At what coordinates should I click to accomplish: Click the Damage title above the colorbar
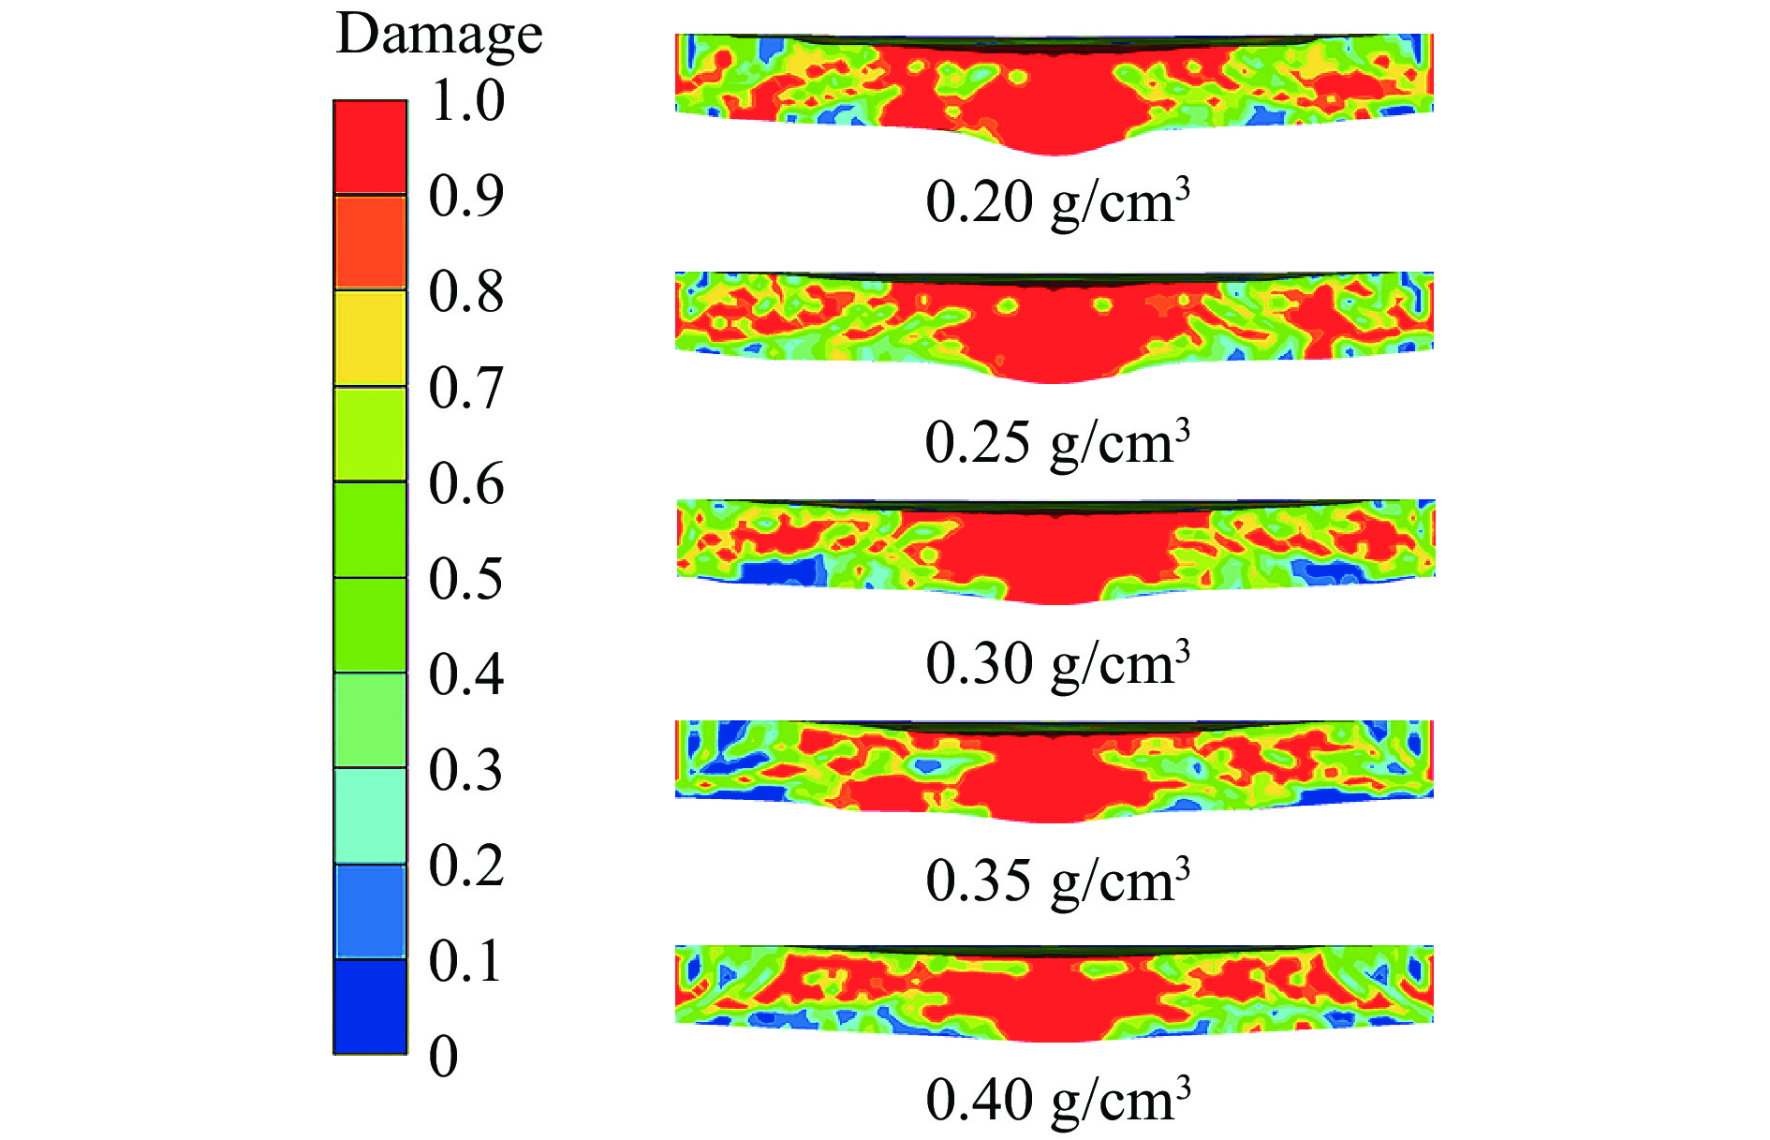coord(438,36)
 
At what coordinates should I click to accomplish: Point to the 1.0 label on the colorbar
coord(466,100)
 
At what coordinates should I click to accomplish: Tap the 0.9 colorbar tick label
coord(466,196)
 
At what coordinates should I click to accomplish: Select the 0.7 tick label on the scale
coord(466,388)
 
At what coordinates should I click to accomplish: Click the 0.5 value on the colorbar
coord(466,579)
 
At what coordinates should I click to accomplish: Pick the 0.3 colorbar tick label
coord(466,770)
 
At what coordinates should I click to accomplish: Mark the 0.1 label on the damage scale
coord(466,961)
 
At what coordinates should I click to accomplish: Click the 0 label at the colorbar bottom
coord(444,1057)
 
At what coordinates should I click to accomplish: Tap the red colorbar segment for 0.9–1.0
coord(371,147)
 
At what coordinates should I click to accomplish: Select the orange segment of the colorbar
coord(371,243)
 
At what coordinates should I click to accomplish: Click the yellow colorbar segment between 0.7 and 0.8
coord(371,338)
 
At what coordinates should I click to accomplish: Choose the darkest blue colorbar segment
coord(371,1007)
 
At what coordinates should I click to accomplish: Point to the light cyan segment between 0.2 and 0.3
coord(371,816)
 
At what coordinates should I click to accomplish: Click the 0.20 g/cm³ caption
coord(1057,201)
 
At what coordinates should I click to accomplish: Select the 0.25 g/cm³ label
coord(1057,442)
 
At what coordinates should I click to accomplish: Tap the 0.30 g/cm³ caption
coord(1057,663)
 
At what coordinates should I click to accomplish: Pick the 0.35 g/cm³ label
coord(1057,881)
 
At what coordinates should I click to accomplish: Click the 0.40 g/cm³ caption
coord(1057,1100)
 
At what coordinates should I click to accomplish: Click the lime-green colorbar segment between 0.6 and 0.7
coord(371,434)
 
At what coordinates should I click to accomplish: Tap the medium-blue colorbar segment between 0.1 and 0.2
coord(371,911)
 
